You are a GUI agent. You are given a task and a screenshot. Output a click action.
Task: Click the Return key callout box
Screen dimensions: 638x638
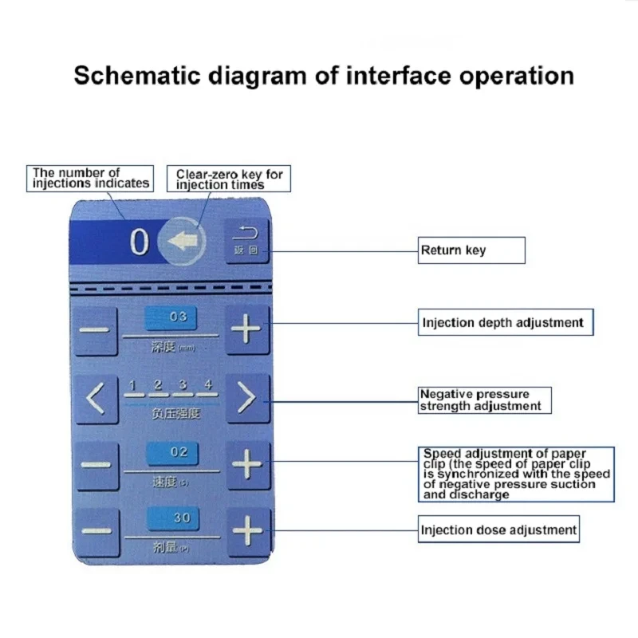coord(472,250)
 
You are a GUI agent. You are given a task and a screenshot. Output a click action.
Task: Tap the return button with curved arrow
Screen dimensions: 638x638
coord(246,241)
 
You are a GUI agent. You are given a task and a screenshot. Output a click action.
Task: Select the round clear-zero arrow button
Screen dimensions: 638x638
coord(183,241)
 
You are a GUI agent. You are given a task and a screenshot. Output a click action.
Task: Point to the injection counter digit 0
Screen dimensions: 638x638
coord(140,242)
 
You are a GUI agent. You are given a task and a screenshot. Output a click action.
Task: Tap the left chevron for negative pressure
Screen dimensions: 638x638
coord(96,398)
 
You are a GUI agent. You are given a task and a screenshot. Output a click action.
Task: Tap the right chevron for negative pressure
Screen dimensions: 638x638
coord(247,398)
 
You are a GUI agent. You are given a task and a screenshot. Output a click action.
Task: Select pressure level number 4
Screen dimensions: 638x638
coord(208,385)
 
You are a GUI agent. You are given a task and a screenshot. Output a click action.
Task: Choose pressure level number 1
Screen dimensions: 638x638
coord(134,385)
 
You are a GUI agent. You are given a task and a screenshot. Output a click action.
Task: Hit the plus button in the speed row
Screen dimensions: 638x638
coord(247,464)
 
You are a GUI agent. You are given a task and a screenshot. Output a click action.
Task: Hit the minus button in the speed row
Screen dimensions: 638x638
coord(96,464)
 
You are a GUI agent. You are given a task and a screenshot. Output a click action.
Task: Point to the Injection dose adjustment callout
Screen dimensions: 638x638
coord(498,530)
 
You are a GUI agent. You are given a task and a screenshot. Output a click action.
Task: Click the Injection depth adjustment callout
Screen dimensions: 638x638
coord(506,323)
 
